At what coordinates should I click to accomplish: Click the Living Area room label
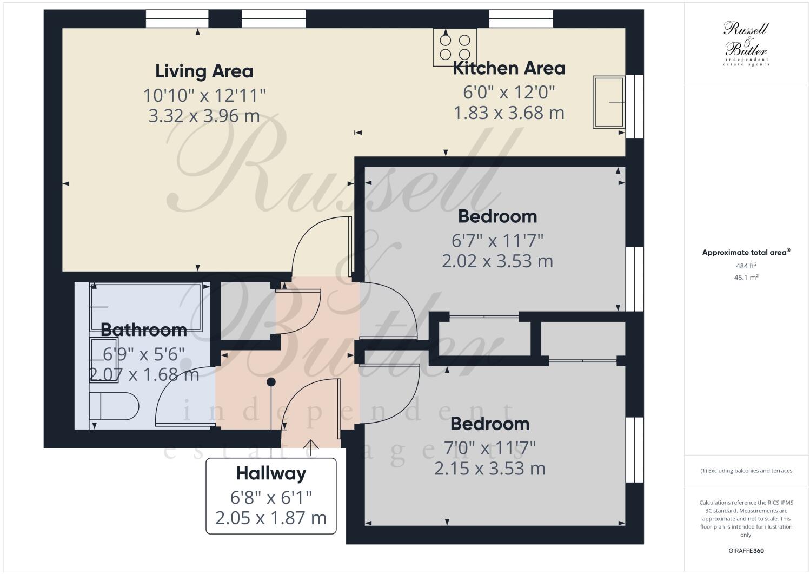tap(204, 71)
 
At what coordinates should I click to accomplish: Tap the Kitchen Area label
tap(508, 69)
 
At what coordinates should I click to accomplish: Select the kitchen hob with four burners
tap(454, 47)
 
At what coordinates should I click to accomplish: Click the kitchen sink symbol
tap(608, 102)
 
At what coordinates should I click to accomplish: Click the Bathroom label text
tap(143, 329)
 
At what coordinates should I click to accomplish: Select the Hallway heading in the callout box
tap(271, 474)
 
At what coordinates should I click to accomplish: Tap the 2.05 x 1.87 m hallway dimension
tap(271, 518)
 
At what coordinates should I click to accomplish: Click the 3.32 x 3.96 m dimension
tap(204, 116)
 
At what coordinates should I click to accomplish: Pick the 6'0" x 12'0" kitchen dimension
tap(509, 92)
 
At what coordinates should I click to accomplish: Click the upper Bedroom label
tap(497, 216)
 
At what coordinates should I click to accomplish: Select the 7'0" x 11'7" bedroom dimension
tap(489, 448)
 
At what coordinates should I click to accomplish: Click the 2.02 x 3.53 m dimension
tap(497, 261)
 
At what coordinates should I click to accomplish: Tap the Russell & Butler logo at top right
tap(746, 43)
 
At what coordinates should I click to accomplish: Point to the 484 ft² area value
tap(746, 266)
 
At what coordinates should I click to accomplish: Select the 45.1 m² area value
tap(746, 278)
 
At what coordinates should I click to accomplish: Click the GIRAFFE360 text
tap(746, 551)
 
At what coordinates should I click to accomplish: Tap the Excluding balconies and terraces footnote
tap(746, 471)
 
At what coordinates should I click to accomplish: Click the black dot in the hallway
tap(271, 382)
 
